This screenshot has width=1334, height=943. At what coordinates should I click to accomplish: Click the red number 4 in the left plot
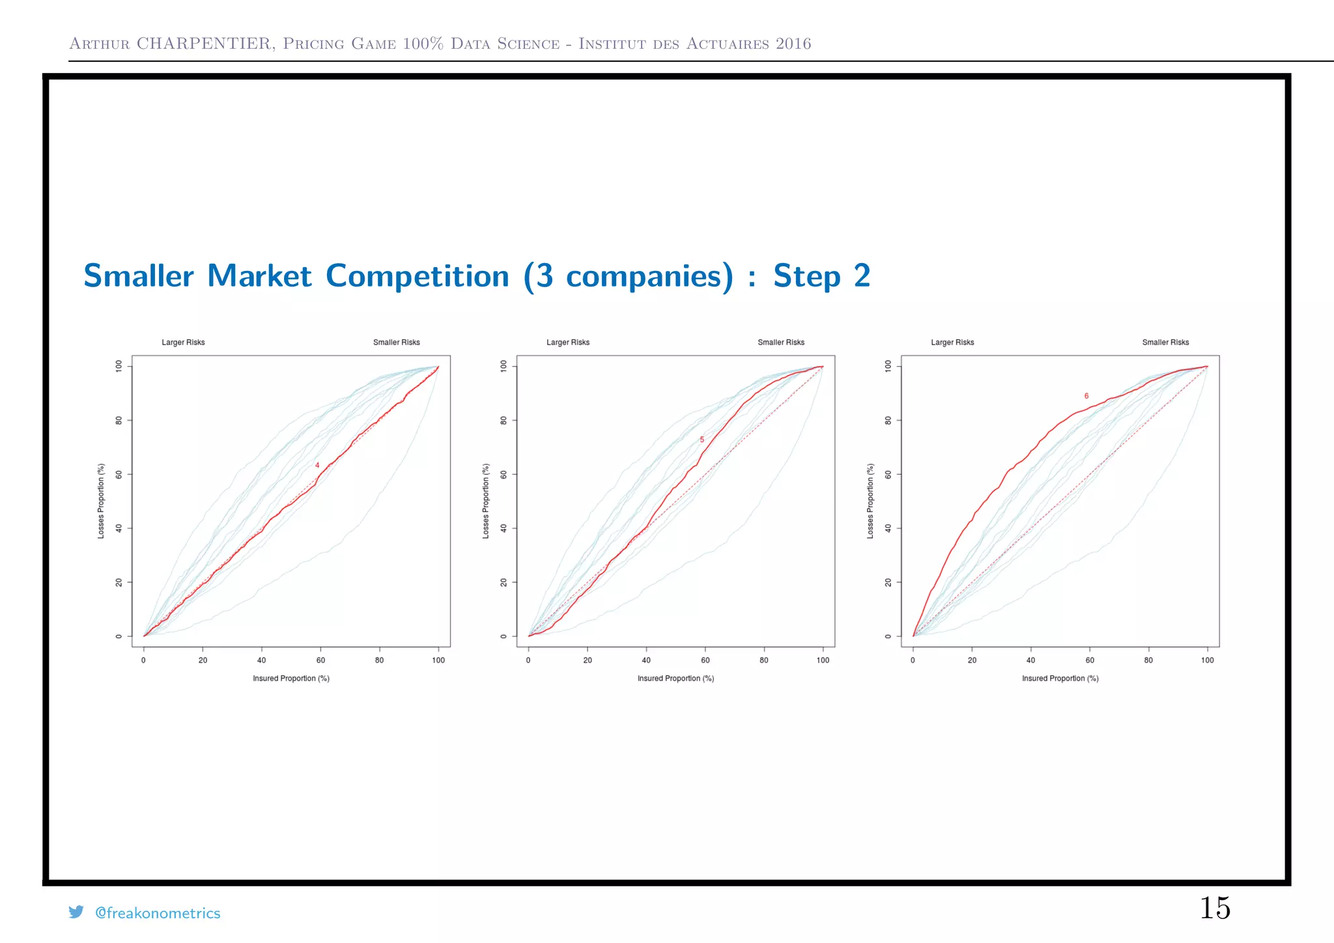pos(317,465)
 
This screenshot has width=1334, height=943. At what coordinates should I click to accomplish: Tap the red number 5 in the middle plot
pos(702,440)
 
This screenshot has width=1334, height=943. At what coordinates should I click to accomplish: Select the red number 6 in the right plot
pos(1086,396)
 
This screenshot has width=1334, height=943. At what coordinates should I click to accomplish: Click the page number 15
pos(1215,908)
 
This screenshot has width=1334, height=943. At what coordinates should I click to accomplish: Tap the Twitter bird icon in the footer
pos(76,912)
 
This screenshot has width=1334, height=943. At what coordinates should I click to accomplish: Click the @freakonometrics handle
pos(158,913)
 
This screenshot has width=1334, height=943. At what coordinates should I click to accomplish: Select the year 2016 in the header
pos(793,44)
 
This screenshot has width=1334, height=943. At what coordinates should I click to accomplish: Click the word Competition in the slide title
pos(417,275)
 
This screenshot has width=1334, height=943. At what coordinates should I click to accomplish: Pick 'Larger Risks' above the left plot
pos(183,343)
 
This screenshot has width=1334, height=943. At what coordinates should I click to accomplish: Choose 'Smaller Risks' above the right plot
pos(1165,343)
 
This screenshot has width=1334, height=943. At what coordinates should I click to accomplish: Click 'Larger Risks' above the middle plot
pos(568,343)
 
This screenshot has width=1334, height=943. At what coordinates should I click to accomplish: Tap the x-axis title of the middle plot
pos(675,679)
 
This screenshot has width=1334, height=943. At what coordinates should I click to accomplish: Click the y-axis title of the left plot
pos(101,501)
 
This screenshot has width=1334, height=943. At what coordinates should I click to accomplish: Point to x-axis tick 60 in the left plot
pos(320,660)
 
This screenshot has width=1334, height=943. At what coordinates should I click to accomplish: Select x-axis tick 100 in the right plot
pos(1207,660)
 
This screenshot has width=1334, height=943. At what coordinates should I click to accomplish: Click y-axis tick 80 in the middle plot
pos(504,421)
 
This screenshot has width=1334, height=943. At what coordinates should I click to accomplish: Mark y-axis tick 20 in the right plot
pos(888,582)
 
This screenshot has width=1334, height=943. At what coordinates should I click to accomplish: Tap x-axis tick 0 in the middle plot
pos(528,660)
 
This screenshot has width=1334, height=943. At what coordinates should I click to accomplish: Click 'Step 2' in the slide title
pos(821,275)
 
